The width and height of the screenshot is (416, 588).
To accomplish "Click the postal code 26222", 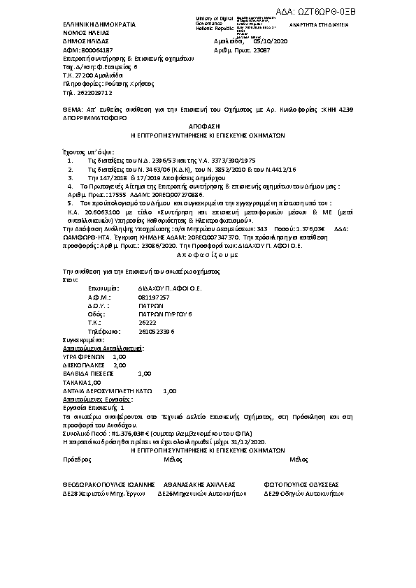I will coord(147,323).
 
